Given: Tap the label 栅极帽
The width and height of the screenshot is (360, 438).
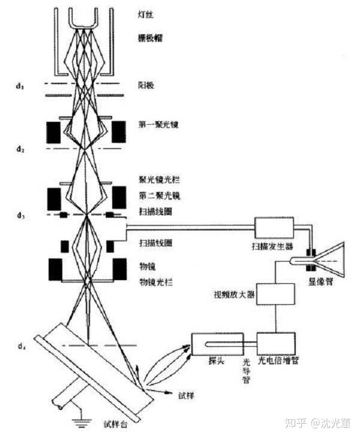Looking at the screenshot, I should click(150, 37).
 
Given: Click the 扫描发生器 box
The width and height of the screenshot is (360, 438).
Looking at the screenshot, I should click(274, 229).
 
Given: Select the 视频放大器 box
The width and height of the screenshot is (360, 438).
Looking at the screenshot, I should click(275, 295).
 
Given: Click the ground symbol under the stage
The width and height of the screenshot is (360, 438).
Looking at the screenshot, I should click(78, 425).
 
